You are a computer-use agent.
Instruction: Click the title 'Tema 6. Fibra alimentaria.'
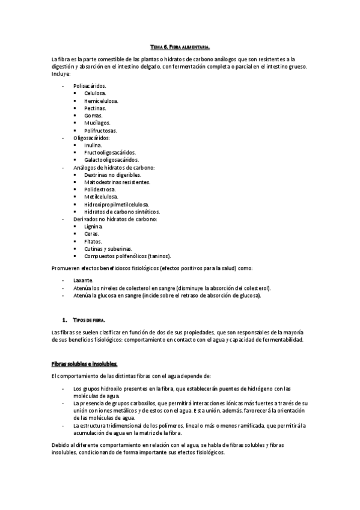click(180, 46)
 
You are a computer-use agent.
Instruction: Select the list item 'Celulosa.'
click(96, 94)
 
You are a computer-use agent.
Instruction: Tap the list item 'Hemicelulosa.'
click(102, 101)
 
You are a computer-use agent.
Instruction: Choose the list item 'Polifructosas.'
click(101, 131)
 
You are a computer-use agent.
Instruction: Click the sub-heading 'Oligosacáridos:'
click(92, 138)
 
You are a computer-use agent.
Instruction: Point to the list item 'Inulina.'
click(94, 145)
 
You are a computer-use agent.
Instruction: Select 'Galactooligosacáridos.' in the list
click(112, 160)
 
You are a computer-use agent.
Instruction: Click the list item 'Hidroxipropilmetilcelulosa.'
click(117, 204)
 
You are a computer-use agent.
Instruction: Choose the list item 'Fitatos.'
click(94, 241)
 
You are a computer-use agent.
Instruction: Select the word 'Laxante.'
click(84, 280)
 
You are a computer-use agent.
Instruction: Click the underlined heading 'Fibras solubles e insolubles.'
click(85, 364)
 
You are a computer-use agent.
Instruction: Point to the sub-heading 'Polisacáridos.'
click(90, 86)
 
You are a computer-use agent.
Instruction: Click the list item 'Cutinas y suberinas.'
click(109, 248)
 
